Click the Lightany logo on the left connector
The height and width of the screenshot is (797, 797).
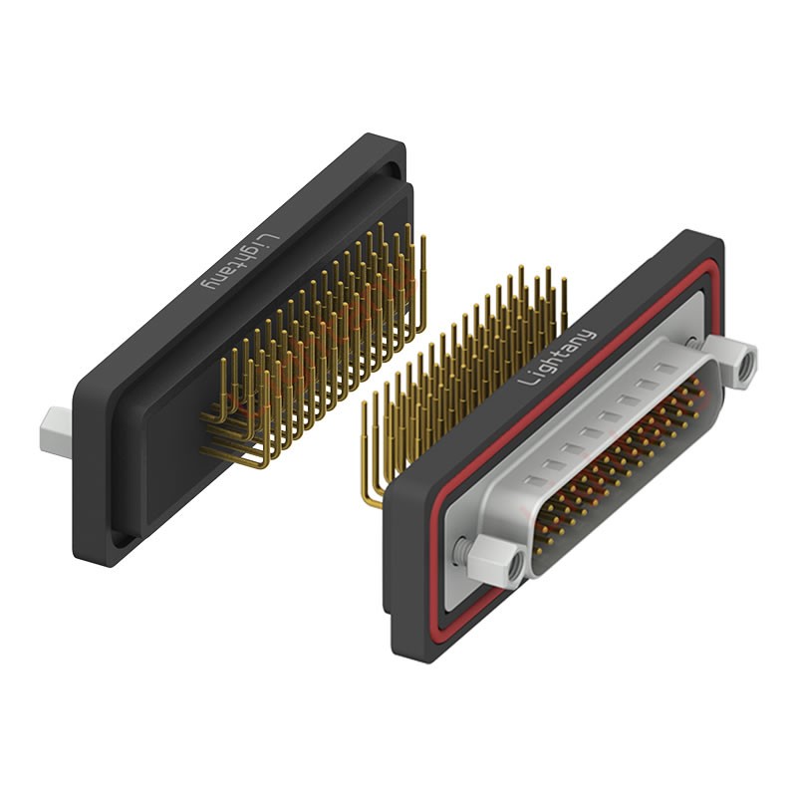[x=240, y=263]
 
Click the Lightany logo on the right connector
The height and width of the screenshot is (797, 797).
[x=558, y=357]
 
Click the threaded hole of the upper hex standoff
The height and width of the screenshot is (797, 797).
[x=748, y=364]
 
